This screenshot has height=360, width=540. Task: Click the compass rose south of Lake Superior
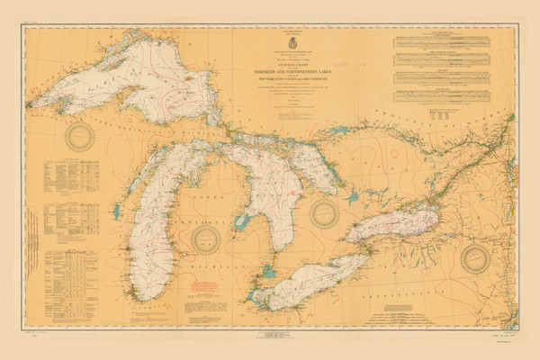81,137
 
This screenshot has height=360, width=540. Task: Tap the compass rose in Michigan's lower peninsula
208,239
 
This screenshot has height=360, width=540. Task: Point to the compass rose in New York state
476,257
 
